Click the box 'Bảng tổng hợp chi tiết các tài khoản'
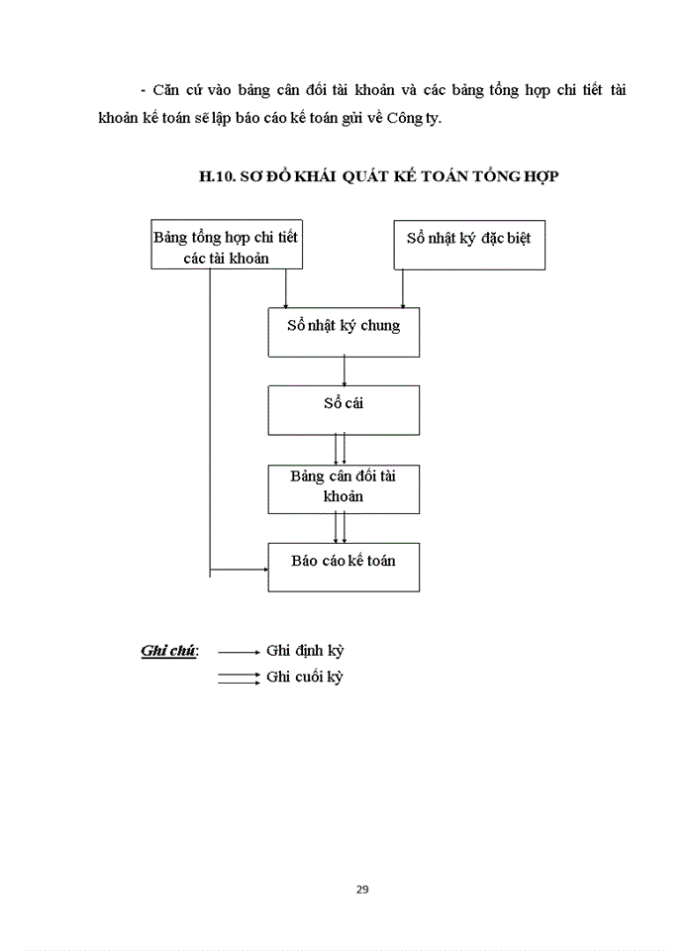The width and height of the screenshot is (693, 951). [226, 247]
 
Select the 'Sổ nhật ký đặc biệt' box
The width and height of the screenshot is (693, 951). [469, 244]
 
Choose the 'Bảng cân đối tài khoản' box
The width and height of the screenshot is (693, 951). [344, 487]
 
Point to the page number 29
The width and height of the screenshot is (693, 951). [362, 889]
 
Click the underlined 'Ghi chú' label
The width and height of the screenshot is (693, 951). [168, 652]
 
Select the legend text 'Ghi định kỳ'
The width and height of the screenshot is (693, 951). [305, 652]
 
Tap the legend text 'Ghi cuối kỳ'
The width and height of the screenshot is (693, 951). [305, 678]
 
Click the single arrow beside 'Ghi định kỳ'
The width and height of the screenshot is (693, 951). [238, 652]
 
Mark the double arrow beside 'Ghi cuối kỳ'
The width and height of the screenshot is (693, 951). [238, 678]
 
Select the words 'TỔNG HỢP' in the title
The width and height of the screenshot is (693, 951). [524, 177]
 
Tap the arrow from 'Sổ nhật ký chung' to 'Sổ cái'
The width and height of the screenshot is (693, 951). [344, 370]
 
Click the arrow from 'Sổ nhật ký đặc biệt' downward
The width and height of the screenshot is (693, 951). [403, 288]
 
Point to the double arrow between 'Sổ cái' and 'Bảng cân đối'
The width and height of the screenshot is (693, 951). [340, 449]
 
